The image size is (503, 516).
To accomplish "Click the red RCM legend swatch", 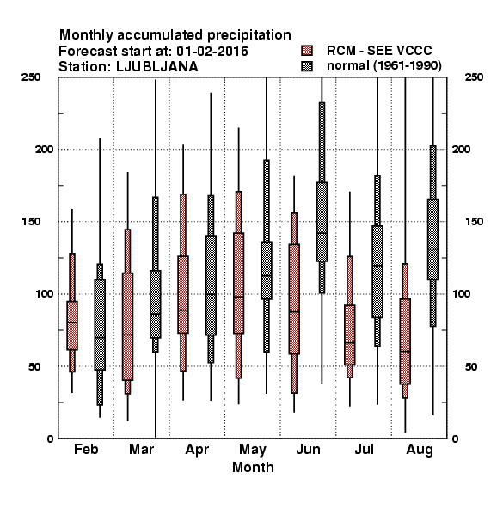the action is pyautogui.click(x=307, y=51).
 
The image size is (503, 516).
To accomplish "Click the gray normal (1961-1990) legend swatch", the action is pyautogui.click(x=307, y=66).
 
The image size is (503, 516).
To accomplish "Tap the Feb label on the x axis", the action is pyautogui.click(x=86, y=449).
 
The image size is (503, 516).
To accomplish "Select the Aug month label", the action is pyautogui.click(x=420, y=450).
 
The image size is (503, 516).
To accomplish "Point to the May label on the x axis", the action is pyautogui.click(x=253, y=450).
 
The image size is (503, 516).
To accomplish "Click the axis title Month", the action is pyautogui.click(x=253, y=467).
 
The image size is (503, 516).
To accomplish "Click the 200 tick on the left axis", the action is pyautogui.click(x=44, y=149).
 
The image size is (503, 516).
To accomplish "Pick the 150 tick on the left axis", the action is pyautogui.click(x=31, y=222).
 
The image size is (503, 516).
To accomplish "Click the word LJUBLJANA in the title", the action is pyautogui.click(x=157, y=67).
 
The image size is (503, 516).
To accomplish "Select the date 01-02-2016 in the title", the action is pyautogui.click(x=212, y=52).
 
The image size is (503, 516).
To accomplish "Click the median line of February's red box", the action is pyautogui.click(x=72, y=322).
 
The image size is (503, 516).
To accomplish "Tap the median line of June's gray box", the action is pyautogui.click(x=322, y=233).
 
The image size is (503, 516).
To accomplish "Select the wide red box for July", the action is pyautogui.click(x=350, y=335).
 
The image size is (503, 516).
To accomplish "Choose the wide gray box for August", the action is pyautogui.click(x=433, y=239).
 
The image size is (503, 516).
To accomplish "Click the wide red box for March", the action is pyautogui.click(x=127, y=327).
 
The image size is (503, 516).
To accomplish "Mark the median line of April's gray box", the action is pyautogui.click(x=211, y=294).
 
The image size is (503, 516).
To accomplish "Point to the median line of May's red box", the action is pyautogui.click(x=238, y=297).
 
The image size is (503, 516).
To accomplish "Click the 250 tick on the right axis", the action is pyautogui.click(x=474, y=77).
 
